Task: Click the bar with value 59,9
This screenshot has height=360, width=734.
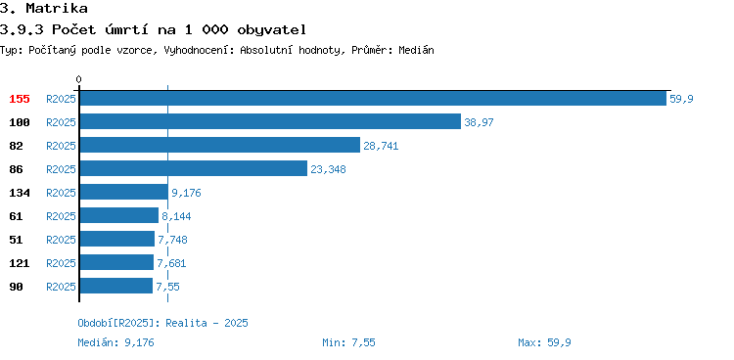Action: coord(373,98)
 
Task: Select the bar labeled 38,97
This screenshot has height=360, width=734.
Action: coord(270,121)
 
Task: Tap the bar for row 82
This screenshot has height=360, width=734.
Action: coord(220,145)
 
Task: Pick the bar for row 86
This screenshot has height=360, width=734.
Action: coord(194,168)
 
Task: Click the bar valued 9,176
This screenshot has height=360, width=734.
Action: coord(124,192)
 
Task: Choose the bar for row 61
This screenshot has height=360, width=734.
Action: coord(119,215)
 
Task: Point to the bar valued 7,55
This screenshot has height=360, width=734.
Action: coord(116,286)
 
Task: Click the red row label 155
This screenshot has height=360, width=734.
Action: coord(20,99)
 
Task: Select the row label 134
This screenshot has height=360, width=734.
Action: coord(20,193)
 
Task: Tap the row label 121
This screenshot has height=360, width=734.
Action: coord(20,263)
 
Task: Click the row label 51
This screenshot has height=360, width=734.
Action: coord(16,240)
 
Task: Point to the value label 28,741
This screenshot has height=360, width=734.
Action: coord(381,146)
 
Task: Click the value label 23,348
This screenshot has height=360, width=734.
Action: coord(328,169)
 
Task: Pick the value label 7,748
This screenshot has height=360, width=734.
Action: coord(172,240)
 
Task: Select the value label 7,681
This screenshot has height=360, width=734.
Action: coord(171,263)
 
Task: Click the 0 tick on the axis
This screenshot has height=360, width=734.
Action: coord(78,79)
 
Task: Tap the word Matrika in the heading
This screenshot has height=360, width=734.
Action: coord(57,8)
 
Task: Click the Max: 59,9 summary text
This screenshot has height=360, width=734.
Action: coord(544,342)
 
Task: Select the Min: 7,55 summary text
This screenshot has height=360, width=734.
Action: coord(348,342)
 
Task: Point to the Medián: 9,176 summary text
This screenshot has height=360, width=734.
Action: coord(115,342)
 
